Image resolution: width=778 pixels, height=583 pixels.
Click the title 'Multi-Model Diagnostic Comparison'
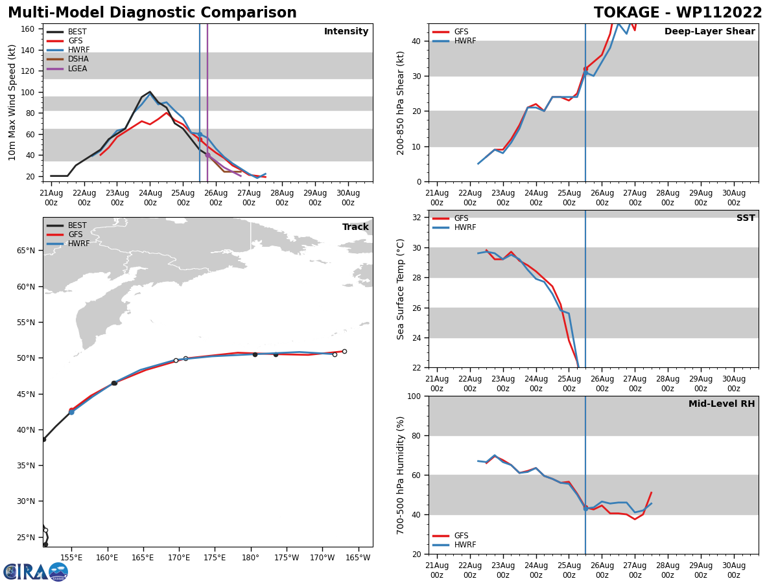click(x=152, y=13)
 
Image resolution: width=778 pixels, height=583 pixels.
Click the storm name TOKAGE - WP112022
click(x=678, y=13)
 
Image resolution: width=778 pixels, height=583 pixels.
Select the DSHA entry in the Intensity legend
click(x=78, y=59)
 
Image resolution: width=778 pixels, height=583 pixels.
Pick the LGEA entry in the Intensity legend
click(x=77, y=69)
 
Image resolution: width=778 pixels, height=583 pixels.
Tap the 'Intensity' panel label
click(x=346, y=32)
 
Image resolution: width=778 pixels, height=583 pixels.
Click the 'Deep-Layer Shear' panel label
click(x=709, y=32)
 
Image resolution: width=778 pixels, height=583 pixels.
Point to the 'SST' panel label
click(x=746, y=218)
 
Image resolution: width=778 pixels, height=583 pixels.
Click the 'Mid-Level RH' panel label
click(x=722, y=404)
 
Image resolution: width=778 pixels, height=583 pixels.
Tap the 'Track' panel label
click(x=355, y=227)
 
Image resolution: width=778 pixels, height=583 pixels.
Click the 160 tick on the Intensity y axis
click(x=28, y=29)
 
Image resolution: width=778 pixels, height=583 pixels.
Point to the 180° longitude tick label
click(x=251, y=558)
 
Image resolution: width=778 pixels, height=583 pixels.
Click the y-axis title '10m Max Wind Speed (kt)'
click(x=12, y=102)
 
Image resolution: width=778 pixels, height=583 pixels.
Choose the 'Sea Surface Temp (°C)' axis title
click(x=401, y=289)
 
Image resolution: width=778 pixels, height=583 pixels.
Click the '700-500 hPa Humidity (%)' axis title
click(x=401, y=475)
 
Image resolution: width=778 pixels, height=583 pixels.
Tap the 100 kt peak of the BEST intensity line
click(x=150, y=92)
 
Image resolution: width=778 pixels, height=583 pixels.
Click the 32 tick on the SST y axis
click(x=417, y=218)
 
